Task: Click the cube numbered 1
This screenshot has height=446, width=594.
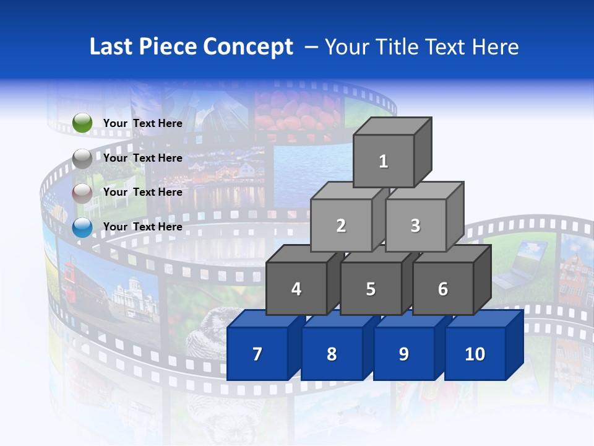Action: click(x=384, y=161)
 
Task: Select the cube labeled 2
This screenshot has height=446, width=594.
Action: click(x=341, y=225)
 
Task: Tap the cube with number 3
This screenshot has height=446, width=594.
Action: click(x=415, y=225)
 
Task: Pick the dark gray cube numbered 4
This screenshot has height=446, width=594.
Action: click(x=296, y=289)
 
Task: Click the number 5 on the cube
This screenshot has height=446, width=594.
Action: click(x=371, y=289)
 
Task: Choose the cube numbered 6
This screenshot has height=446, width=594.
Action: click(x=443, y=289)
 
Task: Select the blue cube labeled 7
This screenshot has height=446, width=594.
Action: click(x=257, y=354)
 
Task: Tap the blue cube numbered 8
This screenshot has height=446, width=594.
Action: click(x=332, y=354)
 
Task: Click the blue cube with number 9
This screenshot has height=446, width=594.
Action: click(x=403, y=354)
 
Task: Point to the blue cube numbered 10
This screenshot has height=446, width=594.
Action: click(x=475, y=354)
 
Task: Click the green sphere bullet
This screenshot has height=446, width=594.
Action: click(x=82, y=123)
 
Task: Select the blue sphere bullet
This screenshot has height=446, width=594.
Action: click(x=82, y=227)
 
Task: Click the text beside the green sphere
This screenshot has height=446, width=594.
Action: click(x=142, y=123)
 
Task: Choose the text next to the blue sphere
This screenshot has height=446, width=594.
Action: click(x=142, y=227)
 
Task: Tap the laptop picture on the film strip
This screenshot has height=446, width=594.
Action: click(x=520, y=263)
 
